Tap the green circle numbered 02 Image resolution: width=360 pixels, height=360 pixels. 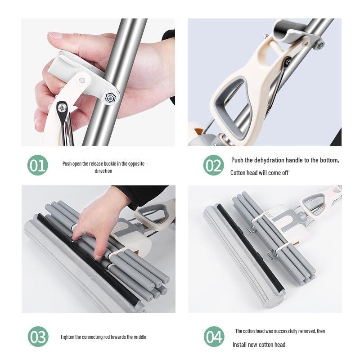[x=213, y=166]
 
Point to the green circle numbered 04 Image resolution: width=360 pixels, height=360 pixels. [x=214, y=337]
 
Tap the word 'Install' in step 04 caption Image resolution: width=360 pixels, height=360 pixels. [x=241, y=345]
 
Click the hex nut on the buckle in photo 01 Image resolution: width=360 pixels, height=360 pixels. [x=110, y=98]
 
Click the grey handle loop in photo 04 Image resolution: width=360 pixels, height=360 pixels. [x=318, y=200]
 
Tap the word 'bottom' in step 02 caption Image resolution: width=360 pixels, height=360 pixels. [x=328, y=161]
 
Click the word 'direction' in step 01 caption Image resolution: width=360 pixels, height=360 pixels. [x=103, y=171]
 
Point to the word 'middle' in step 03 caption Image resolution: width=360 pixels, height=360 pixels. [x=139, y=337]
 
